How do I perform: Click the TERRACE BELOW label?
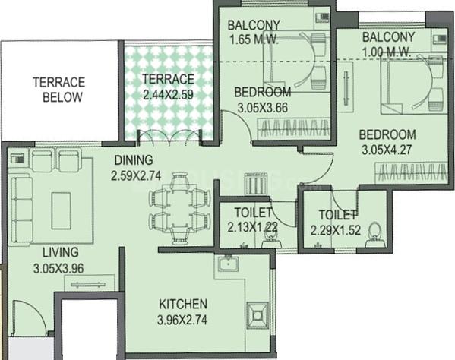[58, 90]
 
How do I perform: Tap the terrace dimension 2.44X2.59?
[169, 95]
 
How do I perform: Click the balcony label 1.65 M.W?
[254, 40]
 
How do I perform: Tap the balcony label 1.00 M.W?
[387, 52]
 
